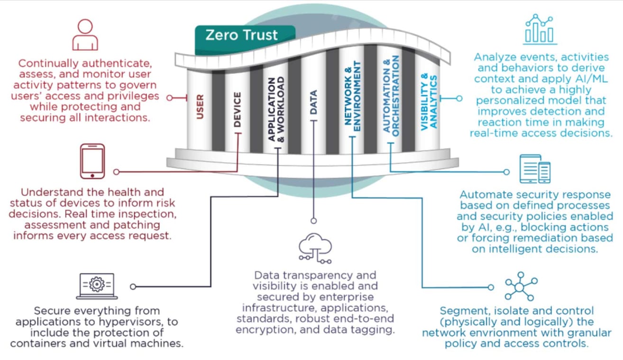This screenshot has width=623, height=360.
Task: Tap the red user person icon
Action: point(85,35)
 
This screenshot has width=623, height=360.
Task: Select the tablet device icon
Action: point(92,161)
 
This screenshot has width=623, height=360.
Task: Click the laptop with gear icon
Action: point(97,286)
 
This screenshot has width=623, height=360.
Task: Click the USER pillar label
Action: point(200,107)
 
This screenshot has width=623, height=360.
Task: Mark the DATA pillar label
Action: point(313,102)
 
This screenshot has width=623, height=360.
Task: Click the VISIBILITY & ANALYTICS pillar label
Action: point(428,101)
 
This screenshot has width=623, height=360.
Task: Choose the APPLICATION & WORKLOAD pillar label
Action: point(276,109)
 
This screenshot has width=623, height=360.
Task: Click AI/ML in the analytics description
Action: point(572,78)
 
